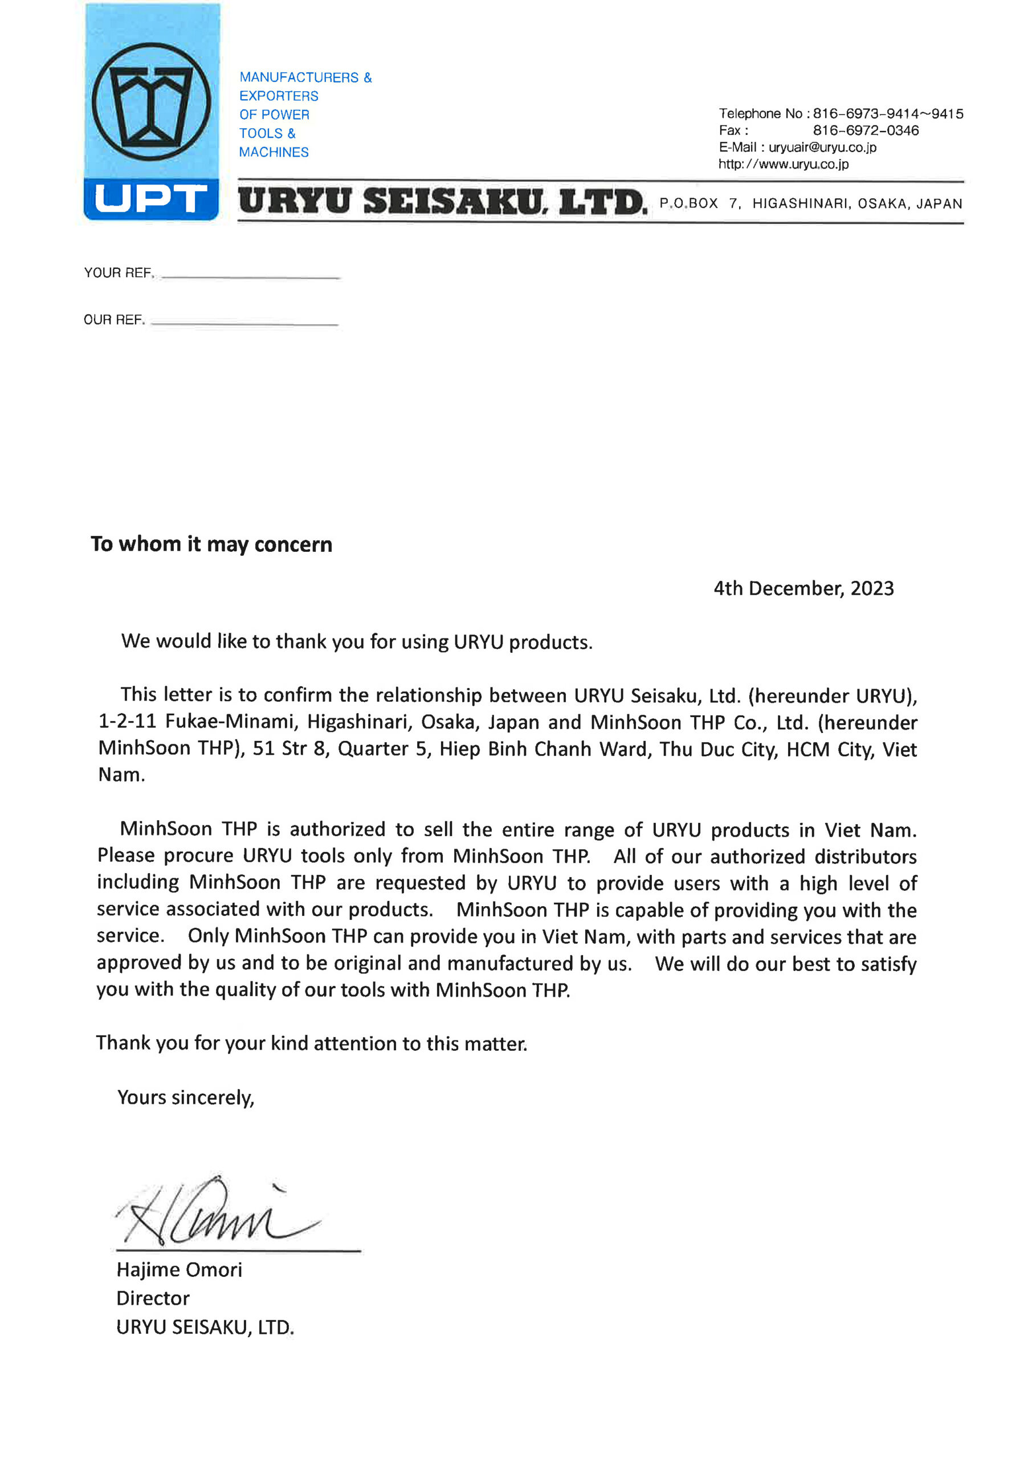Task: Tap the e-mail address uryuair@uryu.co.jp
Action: point(822,148)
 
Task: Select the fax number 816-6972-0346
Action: point(866,130)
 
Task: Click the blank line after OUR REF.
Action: point(244,324)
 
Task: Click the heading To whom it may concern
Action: point(211,544)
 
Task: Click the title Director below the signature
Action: point(153,1299)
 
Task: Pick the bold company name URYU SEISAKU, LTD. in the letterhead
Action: point(442,202)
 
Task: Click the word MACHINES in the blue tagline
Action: point(274,153)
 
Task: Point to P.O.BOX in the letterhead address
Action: point(688,204)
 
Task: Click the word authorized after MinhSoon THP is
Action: point(337,829)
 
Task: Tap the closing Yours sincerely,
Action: point(186,1098)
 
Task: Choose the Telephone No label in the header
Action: point(761,114)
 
